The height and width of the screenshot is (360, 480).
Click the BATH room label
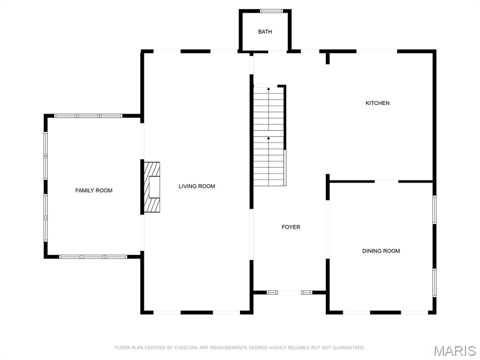pyautogui.click(x=265, y=32)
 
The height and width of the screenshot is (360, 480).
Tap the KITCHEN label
pyautogui.click(x=377, y=103)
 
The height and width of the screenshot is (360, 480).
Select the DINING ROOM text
pyautogui.click(x=381, y=251)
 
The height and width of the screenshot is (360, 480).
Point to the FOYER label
pyautogui.click(x=291, y=227)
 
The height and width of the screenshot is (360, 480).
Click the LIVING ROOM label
pyautogui.click(x=196, y=187)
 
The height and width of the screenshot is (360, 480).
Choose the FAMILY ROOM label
pyautogui.click(x=94, y=191)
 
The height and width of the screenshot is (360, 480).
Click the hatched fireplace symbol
pyautogui.click(x=151, y=187)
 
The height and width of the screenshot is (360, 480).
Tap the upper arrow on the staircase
pyautogui.click(x=269, y=89)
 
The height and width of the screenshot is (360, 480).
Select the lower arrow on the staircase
pyautogui.click(x=269, y=139)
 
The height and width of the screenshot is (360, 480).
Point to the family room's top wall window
pyautogui.click(x=88, y=115)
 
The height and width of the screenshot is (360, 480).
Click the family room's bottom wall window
pyautogui.click(x=93, y=257)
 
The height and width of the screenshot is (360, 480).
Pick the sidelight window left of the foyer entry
pyautogui.click(x=272, y=292)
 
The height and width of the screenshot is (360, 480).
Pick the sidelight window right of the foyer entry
pyautogui.click(x=307, y=292)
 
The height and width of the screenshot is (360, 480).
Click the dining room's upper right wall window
pyautogui.click(x=435, y=209)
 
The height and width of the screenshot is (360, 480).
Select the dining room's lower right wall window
pyautogui.click(x=435, y=282)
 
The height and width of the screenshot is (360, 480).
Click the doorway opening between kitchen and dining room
pyautogui.click(x=386, y=181)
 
